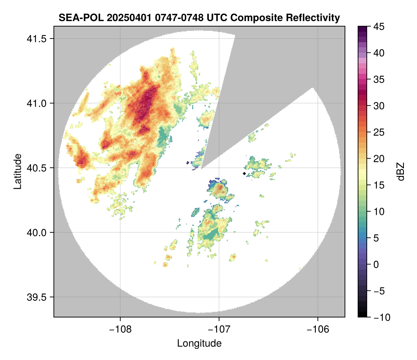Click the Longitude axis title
click(x=199, y=343)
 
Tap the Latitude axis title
click(x=17, y=171)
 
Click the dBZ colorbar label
click(x=401, y=171)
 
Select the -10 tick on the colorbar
click(x=381, y=317)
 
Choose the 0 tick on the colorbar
click(x=376, y=264)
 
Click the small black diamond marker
click(x=244, y=173)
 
